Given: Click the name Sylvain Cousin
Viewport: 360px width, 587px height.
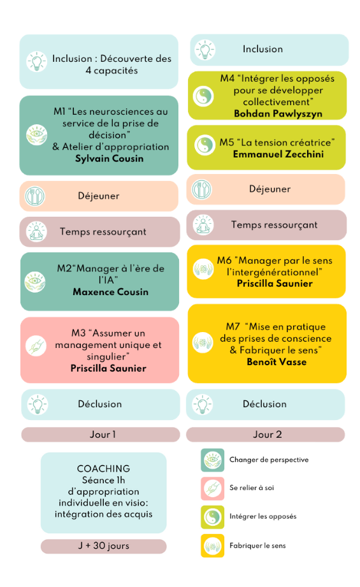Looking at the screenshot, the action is (109, 159).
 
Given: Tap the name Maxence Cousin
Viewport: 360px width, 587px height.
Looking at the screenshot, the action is (111, 292).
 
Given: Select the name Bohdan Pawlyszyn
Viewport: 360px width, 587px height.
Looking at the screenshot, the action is (278, 114).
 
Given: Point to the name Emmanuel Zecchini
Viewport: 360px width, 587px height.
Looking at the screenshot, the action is (278, 154).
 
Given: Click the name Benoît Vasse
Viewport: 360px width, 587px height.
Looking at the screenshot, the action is (277, 362).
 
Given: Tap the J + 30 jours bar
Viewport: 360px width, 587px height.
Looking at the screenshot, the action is (104, 546).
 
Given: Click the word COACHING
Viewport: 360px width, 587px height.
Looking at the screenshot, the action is (104, 468).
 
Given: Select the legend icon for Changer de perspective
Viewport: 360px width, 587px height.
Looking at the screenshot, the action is (213, 460).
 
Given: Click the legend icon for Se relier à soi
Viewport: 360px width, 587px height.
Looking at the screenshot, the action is (213, 489).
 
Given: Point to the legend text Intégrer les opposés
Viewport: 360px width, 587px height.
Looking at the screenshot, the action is (263, 517).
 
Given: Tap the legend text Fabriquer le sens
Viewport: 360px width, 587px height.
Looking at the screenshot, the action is (258, 546).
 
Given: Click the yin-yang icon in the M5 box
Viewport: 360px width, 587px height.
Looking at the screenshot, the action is (205, 145).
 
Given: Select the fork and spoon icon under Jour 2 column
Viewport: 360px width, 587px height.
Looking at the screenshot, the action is (202, 189).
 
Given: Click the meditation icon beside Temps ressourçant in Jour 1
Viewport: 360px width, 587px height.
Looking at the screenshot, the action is (36, 232).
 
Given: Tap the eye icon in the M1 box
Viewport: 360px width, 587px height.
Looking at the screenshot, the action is (37, 135).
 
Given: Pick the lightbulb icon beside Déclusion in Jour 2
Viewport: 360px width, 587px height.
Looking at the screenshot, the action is (203, 405).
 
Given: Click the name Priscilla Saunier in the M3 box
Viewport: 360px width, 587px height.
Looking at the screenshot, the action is (108, 368).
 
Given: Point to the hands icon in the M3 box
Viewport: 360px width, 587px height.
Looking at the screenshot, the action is (36, 345).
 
